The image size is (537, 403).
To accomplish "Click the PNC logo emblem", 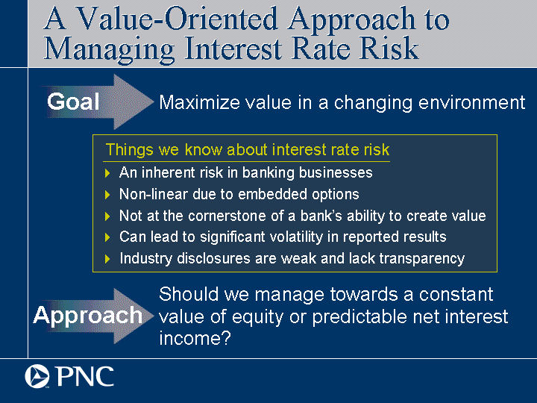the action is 37,377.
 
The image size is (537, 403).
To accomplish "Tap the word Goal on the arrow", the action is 73,101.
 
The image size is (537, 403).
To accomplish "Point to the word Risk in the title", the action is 389,48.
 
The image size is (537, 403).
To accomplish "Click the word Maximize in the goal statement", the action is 199,102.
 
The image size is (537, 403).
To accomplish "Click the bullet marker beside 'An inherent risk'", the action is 107,173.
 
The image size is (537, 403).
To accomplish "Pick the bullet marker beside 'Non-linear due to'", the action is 107,195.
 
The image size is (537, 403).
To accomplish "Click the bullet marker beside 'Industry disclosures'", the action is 107,259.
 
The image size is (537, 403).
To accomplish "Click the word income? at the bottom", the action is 195,338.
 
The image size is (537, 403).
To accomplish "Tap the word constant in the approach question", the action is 456,294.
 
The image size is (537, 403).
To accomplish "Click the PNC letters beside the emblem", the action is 85,377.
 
